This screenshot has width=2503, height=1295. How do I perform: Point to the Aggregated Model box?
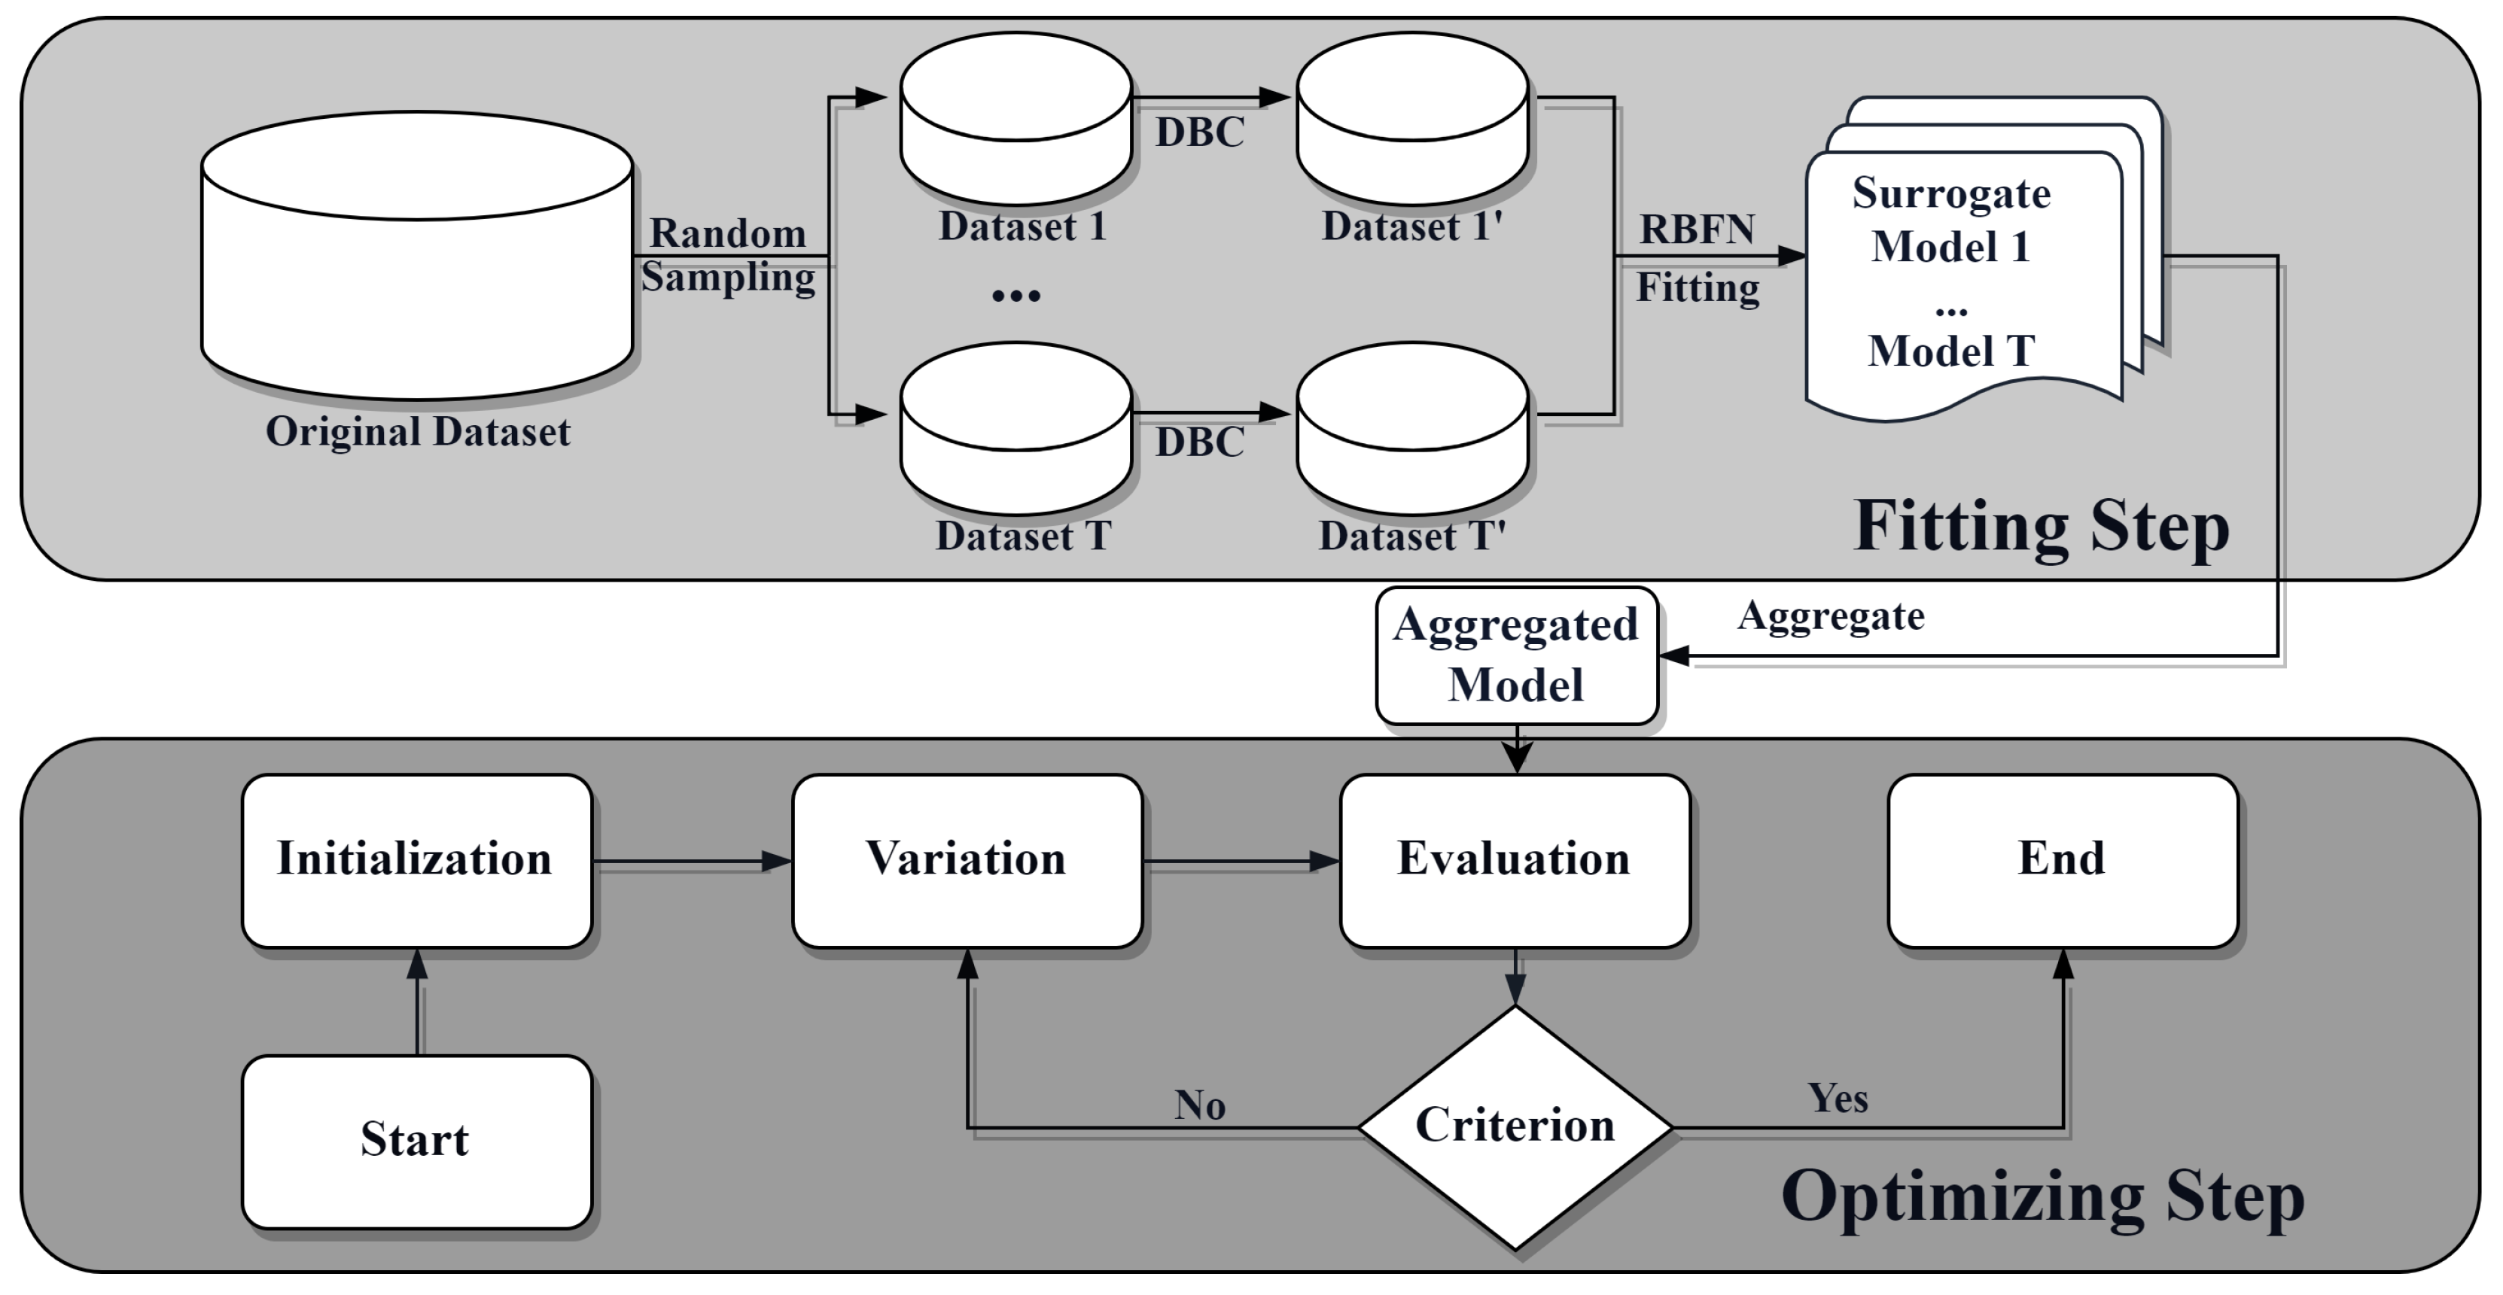pyautogui.click(x=1516, y=655)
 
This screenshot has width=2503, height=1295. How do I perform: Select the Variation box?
pyautogui.click(x=967, y=861)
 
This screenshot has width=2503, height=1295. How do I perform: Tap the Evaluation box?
pyautogui.click(x=1515, y=861)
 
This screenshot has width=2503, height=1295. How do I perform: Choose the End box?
pyautogui.click(x=2063, y=861)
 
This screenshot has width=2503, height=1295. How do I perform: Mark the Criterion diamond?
pyautogui.click(x=1515, y=1127)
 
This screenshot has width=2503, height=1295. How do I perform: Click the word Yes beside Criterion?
pyautogui.click(x=1838, y=1099)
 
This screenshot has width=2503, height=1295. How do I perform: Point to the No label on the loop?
pyautogui.click(x=1199, y=1105)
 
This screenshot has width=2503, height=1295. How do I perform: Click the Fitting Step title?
pyautogui.click(x=2041, y=527)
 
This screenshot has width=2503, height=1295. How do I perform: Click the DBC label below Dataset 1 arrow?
pyautogui.click(x=1199, y=133)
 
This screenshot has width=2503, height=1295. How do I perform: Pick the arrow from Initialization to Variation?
pyautogui.click(x=692, y=861)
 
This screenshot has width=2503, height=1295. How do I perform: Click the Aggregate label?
pyautogui.click(x=1831, y=617)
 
